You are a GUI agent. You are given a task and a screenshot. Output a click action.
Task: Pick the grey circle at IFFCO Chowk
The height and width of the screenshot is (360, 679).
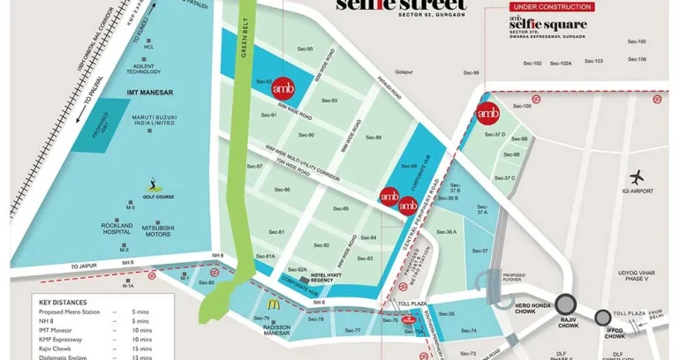pyautogui.click(x=604, y=317)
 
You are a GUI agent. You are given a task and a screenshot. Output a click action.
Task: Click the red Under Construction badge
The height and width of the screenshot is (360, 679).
pyautogui.click(x=565, y=6)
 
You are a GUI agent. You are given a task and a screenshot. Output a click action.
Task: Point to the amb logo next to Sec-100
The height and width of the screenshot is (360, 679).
pyautogui.click(x=487, y=112)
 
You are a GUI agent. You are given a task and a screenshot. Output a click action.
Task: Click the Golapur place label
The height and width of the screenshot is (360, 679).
pyautogui.click(x=404, y=71)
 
